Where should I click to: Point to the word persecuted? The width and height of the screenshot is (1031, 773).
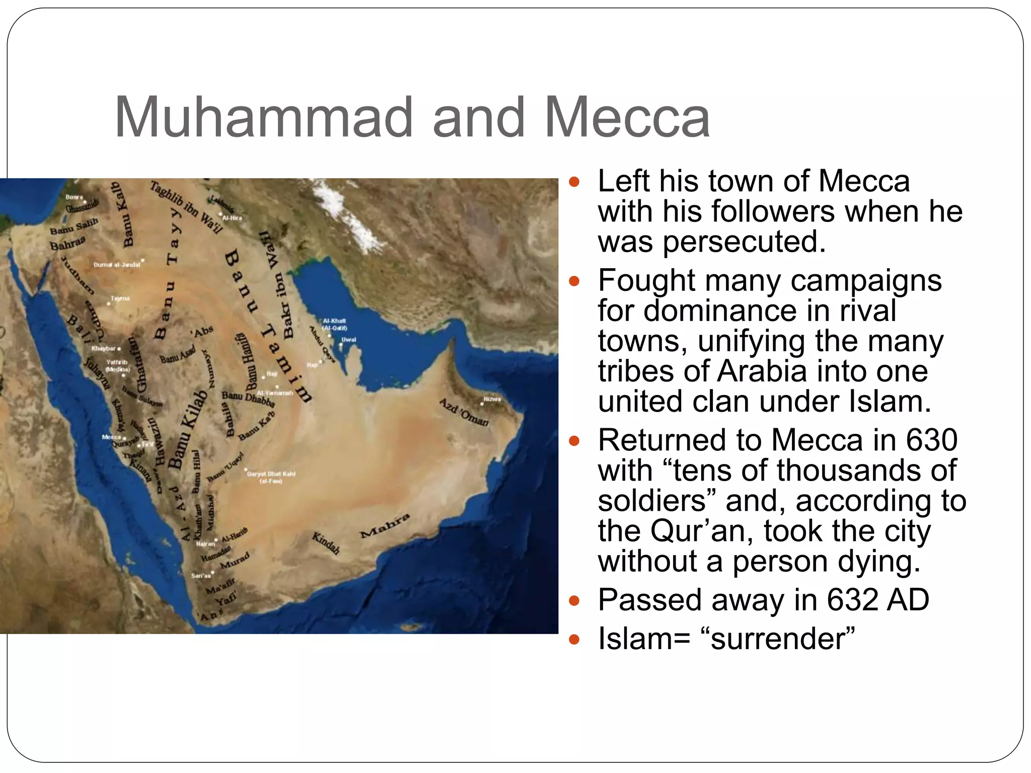(744, 242)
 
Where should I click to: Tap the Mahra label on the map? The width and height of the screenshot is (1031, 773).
(385, 526)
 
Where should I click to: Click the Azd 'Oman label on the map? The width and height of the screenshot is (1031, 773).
(464, 412)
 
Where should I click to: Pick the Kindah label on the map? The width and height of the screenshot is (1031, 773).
(326, 543)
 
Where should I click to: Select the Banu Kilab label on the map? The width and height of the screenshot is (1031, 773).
(187, 429)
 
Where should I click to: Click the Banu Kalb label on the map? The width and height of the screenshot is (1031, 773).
(122, 214)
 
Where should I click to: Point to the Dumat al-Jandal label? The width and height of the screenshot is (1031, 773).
(117, 265)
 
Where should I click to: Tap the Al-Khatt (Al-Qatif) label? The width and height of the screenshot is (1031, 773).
(334, 324)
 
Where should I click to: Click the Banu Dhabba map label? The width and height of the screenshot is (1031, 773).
(248, 399)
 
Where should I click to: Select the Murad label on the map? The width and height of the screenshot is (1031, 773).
(235, 561)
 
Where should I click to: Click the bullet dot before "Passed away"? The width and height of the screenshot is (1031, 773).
(574, 600)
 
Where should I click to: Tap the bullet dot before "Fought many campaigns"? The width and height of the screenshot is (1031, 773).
(574, 281)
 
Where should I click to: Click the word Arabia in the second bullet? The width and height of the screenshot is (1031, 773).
(762, 372)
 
